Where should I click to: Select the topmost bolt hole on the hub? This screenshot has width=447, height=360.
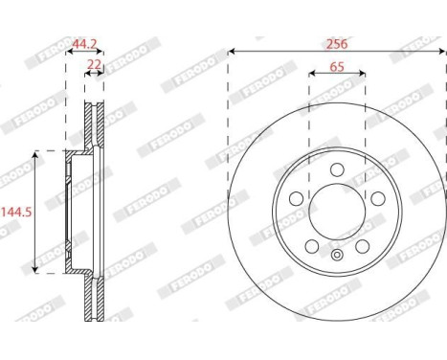336,169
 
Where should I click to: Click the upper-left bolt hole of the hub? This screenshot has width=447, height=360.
296,199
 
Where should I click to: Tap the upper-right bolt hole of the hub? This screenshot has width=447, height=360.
376,199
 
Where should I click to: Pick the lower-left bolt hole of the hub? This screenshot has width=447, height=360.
311,247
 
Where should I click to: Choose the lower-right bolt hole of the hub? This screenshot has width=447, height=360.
361,247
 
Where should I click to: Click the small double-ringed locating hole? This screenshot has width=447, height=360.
336,256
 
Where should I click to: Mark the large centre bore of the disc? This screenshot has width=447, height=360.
336,212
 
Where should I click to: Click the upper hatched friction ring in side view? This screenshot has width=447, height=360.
93,124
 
